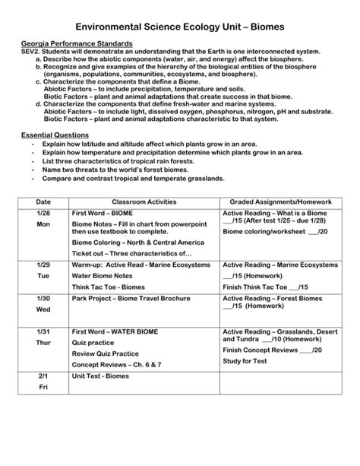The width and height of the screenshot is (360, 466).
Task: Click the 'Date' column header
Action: [43, 201]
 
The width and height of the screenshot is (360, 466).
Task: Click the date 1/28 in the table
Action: [43, 213]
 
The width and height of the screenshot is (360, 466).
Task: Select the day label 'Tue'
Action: [43, 276]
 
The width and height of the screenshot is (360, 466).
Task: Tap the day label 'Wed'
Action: [43, 310]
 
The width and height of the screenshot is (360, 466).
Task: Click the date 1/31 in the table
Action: [43, 332]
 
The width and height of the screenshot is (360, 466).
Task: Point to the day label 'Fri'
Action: [43, 387]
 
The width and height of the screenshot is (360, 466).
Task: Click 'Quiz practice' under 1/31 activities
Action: [93, 343]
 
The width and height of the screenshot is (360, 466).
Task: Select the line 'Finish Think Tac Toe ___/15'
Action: [265, 288]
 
